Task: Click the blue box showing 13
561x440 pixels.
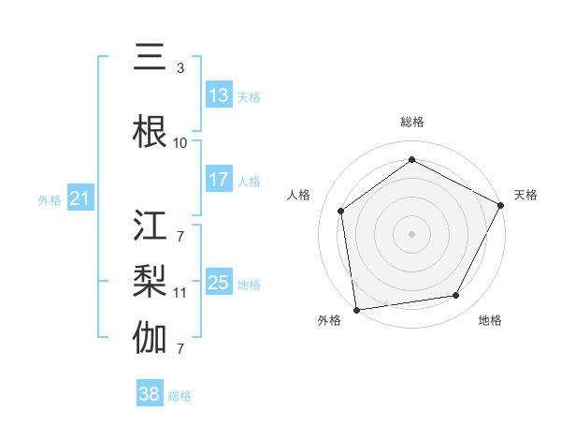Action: (x=219, y=95)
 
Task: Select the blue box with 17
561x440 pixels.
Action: (x=219, y=180)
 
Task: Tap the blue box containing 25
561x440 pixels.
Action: (x=219, y=283)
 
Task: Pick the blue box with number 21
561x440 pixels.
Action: (x=79, y=198)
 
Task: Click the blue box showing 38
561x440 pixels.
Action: (x=149, y=394)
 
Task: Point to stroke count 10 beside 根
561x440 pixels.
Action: (x=180, y=143)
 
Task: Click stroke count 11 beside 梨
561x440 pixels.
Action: (x=180, y=293)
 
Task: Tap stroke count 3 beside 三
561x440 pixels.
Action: (x=180, y=68)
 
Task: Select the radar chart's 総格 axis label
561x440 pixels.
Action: (x=411, y=122)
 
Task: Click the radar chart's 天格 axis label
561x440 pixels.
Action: (x=525, y=195)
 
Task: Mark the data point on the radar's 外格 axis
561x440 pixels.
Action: (x=356, y=309)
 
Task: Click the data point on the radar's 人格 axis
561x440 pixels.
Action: (x=341, y=211)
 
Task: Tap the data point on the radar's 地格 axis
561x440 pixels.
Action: (x=456, y=295)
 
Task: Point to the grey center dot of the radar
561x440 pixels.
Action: (x=411, y=233)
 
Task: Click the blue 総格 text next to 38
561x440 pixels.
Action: (x=180, y=396)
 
